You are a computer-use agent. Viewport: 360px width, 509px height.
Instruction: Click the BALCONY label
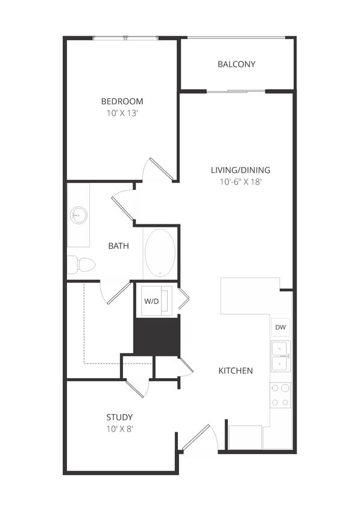[236, 65]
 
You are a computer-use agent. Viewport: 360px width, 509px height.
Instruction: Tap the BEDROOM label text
[122, 101]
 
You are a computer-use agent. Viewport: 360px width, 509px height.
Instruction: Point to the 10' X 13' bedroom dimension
[122, 112]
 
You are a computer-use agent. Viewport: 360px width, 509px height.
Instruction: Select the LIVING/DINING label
[240, 170]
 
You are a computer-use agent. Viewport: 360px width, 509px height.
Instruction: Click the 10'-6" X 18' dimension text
[240, 181]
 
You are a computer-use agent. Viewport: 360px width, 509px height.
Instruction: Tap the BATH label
[118, 245]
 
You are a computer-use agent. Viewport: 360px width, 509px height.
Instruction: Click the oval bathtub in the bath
[160, 253]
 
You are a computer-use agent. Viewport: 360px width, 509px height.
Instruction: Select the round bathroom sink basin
[78, 214]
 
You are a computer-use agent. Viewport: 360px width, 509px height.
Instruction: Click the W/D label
[151, 302]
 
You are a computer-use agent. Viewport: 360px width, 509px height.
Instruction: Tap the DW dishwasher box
[280, 327]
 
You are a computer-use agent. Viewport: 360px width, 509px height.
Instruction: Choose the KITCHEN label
[235, 370]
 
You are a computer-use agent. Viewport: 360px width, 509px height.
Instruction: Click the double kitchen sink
[280, 356]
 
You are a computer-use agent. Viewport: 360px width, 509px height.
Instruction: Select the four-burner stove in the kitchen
[280, 395]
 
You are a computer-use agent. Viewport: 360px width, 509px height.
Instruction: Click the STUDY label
[119, 417]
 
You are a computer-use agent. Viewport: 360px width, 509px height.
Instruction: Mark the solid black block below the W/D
[156, 337]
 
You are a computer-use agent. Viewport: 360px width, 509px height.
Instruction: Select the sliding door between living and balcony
[236, 92]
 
